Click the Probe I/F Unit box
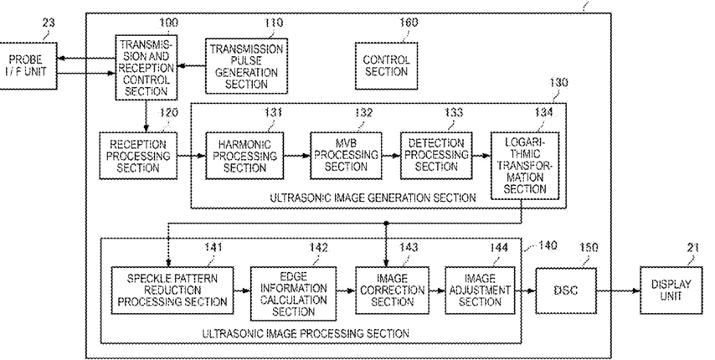[28, 65]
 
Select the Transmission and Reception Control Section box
[146, 67]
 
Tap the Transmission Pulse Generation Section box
[246, 66]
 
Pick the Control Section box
[386, 66]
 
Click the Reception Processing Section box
[138, 156]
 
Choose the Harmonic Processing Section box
[244, 156]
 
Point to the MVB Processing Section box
[346, 156]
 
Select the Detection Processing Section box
[436, 156]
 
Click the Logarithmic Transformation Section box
[525, 166]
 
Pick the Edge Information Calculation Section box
[293, 294]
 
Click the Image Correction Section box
[392, 291]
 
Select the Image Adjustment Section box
[480, 291]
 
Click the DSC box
[566, 291]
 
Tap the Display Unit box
[671, 291]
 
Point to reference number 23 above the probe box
[49, 23]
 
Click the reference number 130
[558, 83]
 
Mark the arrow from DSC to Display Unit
[618, 291]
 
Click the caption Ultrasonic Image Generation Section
[373, 198]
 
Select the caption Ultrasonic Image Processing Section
[306, 333]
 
